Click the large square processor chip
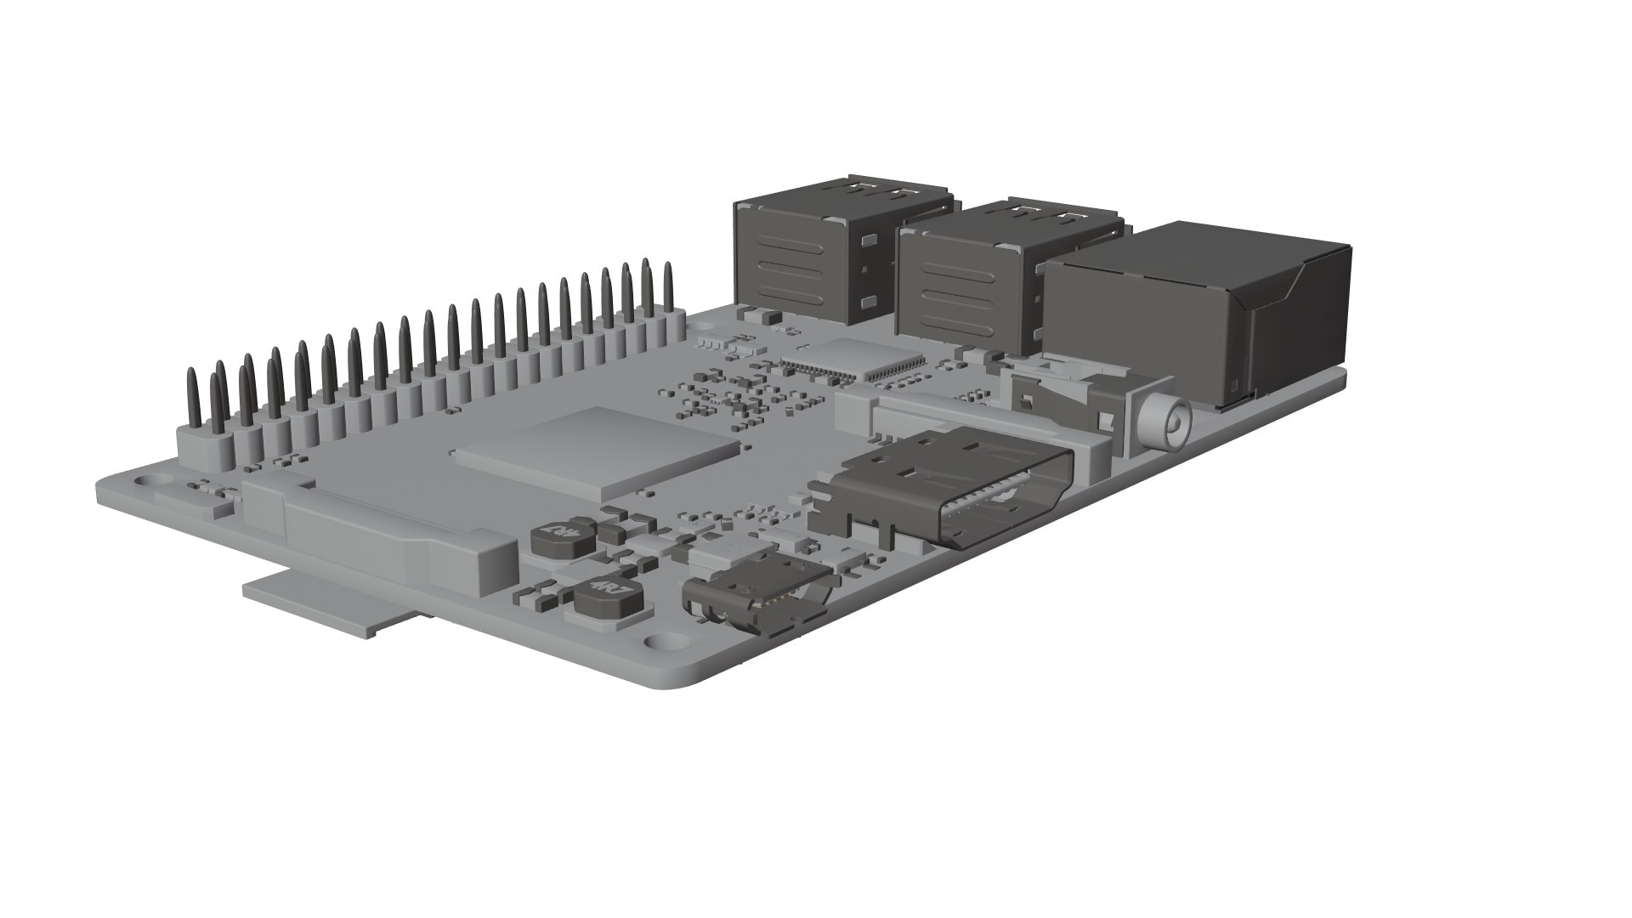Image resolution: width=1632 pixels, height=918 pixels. [x=595, y=450]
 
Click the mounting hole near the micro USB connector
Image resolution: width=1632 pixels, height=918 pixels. [x=659, y=643]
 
